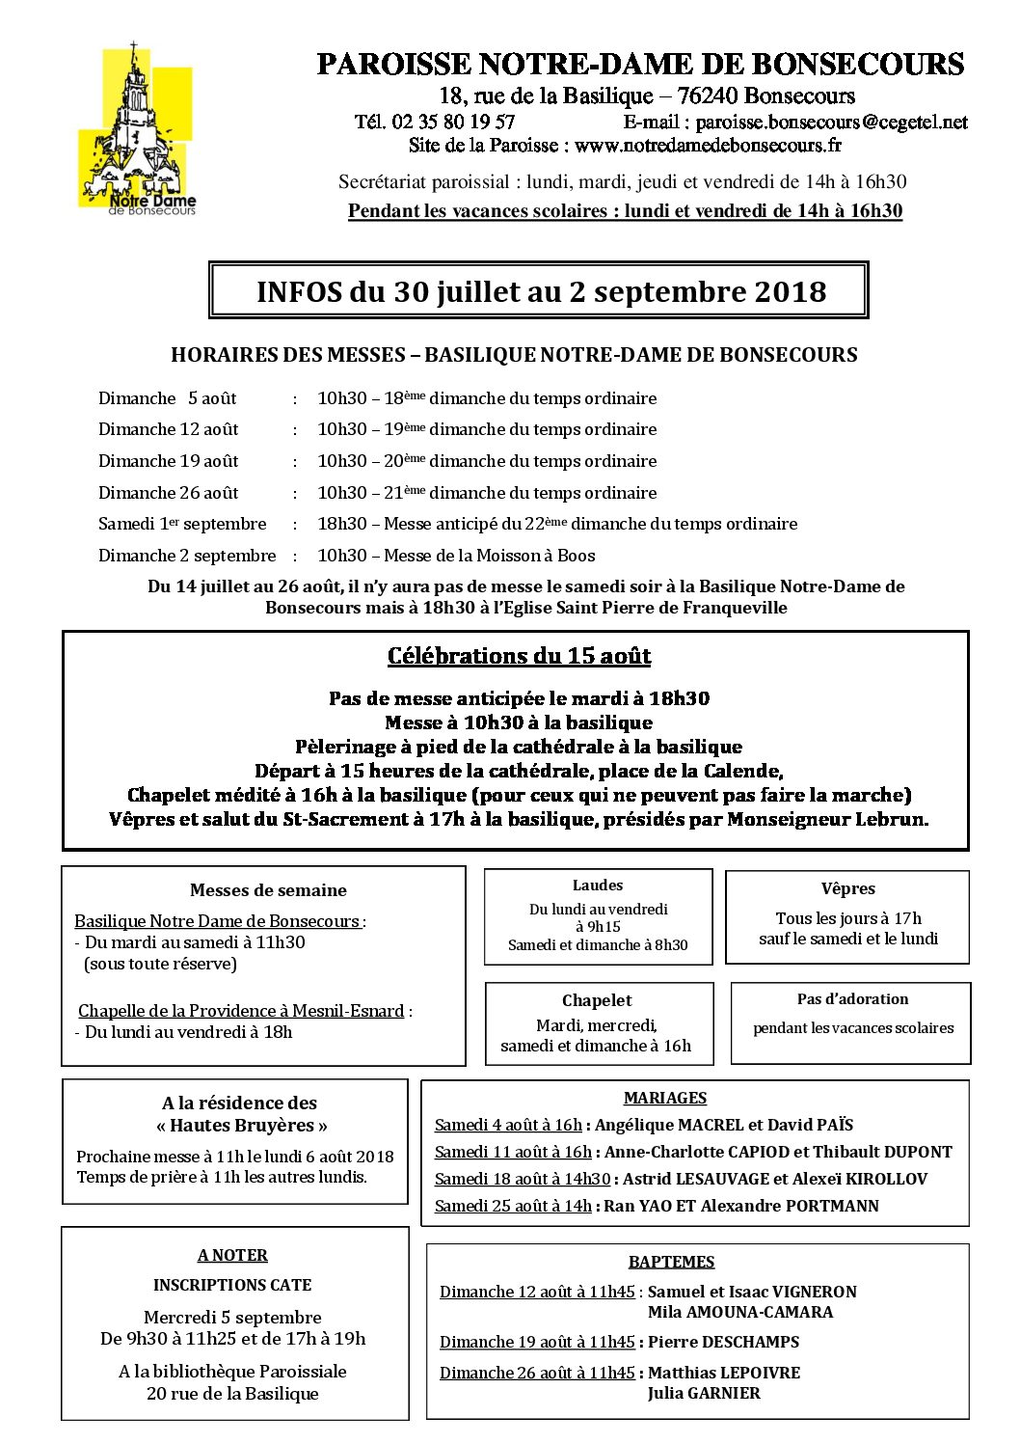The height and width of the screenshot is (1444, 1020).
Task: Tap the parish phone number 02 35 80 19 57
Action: coord(453,123)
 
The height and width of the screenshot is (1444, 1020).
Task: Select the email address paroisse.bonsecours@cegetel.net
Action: coord(831,123)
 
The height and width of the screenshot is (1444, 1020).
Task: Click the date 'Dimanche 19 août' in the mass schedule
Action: coord(168,461)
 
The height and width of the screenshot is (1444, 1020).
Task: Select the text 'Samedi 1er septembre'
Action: coord(182,524)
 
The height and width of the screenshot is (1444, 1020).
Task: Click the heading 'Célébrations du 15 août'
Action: coord(519,656)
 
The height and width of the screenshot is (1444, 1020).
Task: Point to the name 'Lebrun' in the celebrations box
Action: coord(891,819)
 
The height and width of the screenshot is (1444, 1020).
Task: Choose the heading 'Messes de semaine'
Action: coord(268,890)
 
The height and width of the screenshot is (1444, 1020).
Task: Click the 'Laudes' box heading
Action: coord(598,885)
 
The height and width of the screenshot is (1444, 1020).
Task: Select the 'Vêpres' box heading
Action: coord(848,889)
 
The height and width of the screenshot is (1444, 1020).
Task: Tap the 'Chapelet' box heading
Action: coord(597,1000)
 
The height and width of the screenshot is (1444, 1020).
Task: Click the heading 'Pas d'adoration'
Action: coord(852,999)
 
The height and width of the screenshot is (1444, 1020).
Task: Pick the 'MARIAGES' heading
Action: coord(665,1098)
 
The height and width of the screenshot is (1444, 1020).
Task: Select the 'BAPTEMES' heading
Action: coord(671,1262)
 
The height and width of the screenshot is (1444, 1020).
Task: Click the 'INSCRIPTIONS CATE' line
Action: coord(232,1285)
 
